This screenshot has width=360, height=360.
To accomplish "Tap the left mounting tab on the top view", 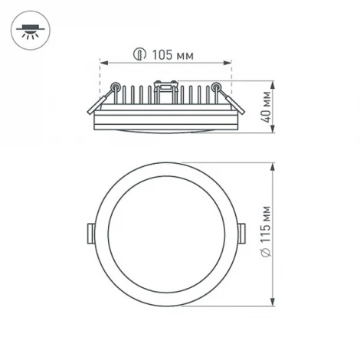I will [x=90, y=233].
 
